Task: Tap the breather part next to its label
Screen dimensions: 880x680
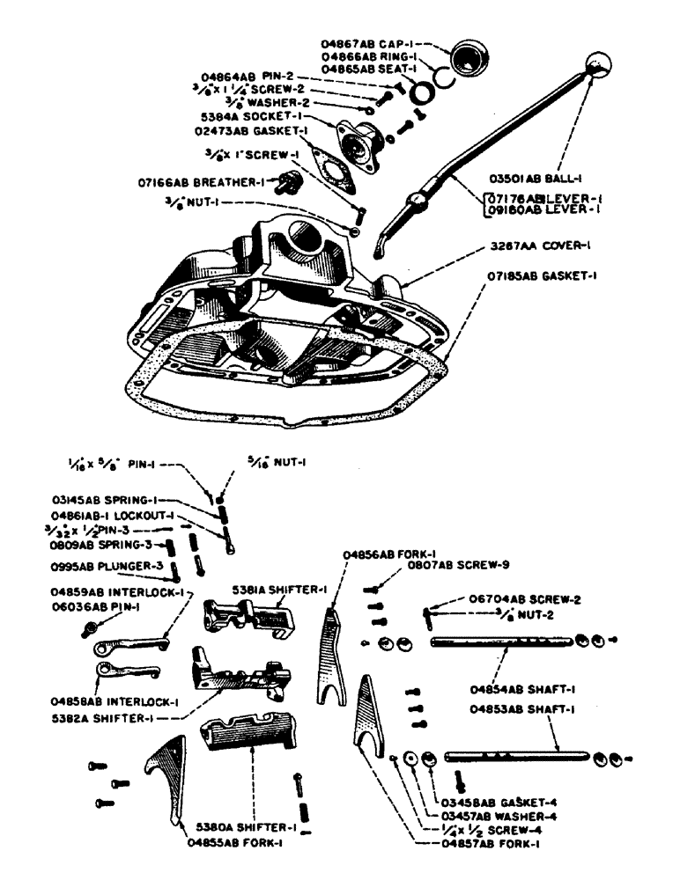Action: coord(288,183)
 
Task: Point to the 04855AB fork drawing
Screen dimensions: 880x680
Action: coord(165,774)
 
